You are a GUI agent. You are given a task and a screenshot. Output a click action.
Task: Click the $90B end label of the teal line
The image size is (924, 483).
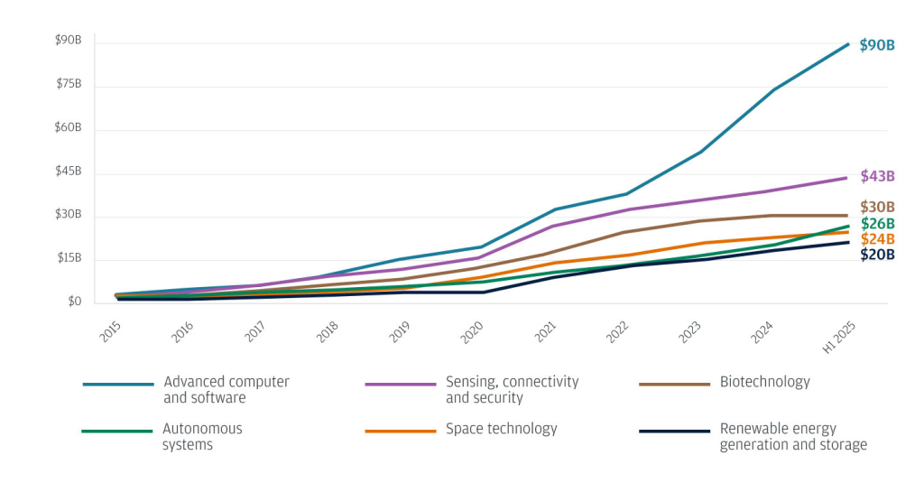coord(876,44)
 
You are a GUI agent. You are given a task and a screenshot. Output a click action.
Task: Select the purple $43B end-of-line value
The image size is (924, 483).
coord(877,176)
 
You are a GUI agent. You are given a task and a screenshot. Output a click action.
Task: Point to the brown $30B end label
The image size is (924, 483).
coord(877,207)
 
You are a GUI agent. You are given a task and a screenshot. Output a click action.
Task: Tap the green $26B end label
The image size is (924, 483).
coord(877,223)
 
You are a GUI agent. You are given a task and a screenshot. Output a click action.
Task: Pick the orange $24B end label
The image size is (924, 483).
coord(877,239)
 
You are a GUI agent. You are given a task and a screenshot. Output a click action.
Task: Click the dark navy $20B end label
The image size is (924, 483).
coord(877,255)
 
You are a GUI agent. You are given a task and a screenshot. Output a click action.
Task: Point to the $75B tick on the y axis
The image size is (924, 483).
coord(69,84)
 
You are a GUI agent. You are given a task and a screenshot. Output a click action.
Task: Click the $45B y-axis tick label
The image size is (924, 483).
coord(69,172)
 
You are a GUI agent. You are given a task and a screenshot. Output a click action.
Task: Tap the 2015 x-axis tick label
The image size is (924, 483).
coord(111,331)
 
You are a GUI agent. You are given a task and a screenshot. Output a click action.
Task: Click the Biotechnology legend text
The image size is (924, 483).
coord(764,382)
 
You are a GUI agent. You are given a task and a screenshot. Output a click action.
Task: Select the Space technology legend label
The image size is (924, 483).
coord(501,430)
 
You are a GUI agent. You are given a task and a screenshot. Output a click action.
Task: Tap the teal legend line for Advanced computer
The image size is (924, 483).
coord(118,385)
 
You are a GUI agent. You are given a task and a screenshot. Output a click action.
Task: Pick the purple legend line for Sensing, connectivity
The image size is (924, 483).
coord(401,385)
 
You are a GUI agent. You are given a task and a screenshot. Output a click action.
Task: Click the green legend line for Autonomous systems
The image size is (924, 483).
coord(118,432)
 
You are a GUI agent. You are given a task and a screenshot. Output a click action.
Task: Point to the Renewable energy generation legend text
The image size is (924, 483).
coord(793,437)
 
